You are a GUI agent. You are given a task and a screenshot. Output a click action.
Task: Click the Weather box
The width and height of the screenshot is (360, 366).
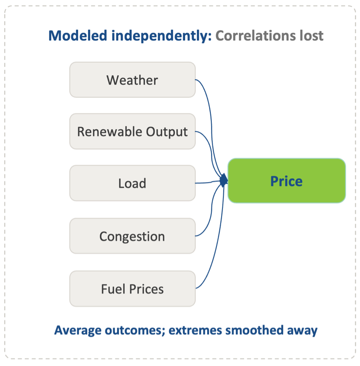tap(132, 80)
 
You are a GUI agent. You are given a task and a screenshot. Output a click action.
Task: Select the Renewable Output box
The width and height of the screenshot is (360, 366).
tap(132, 132)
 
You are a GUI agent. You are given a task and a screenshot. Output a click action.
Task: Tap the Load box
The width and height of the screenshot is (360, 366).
tap(132, 183)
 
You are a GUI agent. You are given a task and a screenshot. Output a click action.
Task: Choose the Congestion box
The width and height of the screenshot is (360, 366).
tap(132, 236)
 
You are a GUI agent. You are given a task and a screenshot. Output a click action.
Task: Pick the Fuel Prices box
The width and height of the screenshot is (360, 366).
tap(132, 289)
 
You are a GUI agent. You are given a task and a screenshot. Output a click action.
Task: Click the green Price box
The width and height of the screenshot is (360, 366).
tap(287, 181)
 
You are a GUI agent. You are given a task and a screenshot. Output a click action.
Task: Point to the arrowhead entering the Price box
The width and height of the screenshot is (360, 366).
tap(224, 181)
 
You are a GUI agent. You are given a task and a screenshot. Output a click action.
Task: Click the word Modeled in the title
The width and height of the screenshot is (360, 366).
tap(78, 36)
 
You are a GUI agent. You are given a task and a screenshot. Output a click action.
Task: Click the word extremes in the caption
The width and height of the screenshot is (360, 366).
tap(195, 330)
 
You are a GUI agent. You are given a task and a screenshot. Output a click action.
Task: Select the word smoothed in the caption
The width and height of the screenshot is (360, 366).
tap(254, 330)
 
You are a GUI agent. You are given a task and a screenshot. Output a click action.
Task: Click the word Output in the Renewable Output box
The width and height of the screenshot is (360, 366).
tap(167, 132)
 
